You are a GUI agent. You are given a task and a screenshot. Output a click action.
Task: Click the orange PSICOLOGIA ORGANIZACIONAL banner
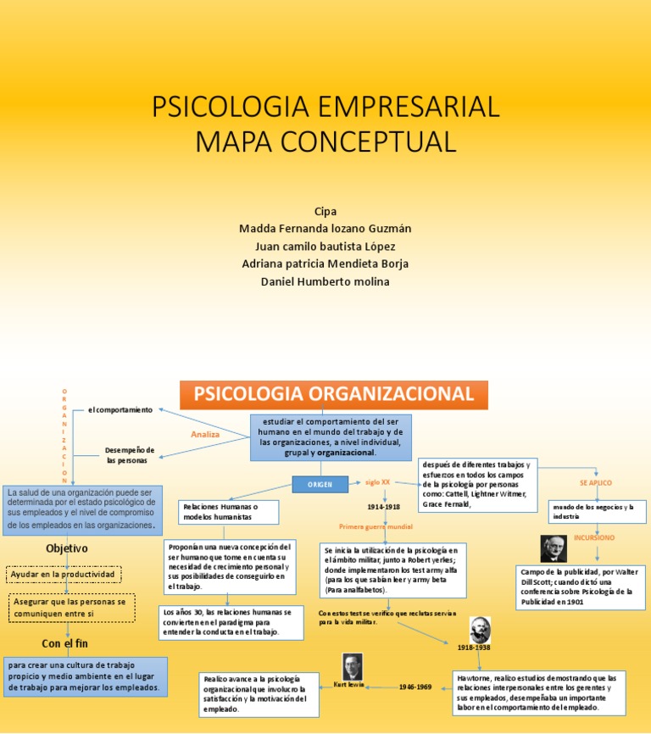click(334, 395)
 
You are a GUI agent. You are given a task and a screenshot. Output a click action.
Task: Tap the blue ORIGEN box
click(320, 484)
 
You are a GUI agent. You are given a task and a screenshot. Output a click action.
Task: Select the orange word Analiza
click(205, 434)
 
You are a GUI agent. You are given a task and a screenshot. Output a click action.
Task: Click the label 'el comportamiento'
click(120, 410)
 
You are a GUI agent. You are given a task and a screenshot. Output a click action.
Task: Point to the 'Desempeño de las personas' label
click(130, 454)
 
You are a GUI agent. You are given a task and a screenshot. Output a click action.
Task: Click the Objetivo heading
click(67, 548)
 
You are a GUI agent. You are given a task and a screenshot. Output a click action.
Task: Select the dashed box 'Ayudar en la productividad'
click(63, 575)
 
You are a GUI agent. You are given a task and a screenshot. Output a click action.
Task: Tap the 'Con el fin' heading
click(64, 643)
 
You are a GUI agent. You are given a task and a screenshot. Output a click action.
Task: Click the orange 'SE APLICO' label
click(595, 482)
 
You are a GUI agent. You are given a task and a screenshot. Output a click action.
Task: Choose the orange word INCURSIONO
click(594, 537)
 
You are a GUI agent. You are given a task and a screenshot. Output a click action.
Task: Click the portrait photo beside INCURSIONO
click(554, 548)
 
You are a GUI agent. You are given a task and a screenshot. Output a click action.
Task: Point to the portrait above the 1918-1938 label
click(480, 629)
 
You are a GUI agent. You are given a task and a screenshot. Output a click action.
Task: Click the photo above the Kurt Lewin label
click(352, 667)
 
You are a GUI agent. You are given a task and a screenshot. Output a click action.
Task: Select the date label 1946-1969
click(415, 687)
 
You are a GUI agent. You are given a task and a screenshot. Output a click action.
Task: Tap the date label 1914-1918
click(383, 506)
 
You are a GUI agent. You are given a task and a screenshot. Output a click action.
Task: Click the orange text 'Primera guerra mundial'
click(376, 526)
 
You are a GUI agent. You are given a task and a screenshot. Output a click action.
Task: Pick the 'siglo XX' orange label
click(377, 481)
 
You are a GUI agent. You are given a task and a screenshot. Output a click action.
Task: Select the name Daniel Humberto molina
click(325, 281)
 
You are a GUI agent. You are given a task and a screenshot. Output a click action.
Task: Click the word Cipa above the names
click(325, 211)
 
